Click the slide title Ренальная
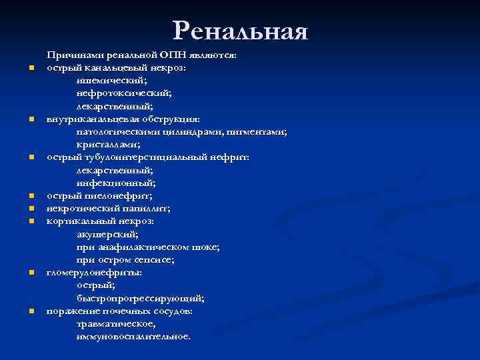click(x=240, y=31)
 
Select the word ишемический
click(x=111, y=80)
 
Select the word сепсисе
click(x=157, y=259)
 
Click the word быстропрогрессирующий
click(x=140, y=298)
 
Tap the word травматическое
click(x=116, y=323)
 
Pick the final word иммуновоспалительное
click(x=133, y=337)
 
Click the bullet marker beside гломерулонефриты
click(x=31, y=273)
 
